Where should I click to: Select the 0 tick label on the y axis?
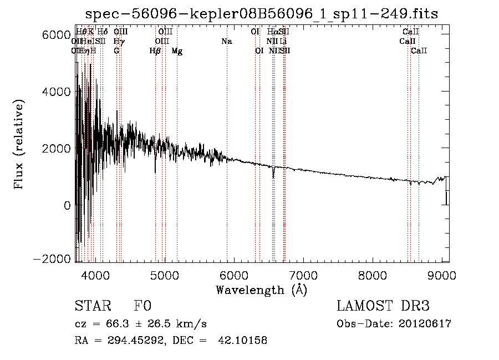click(67, 205)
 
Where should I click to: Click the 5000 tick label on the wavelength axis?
click(165, 276)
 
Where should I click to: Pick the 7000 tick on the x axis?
click(303, 276)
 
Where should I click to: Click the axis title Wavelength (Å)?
click(261, 290)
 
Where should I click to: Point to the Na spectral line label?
click(226, 42)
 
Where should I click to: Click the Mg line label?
click(177, 51)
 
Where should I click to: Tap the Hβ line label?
click(155, 51)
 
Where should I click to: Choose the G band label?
click(116, 51)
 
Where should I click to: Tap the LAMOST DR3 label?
click(383, 307)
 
